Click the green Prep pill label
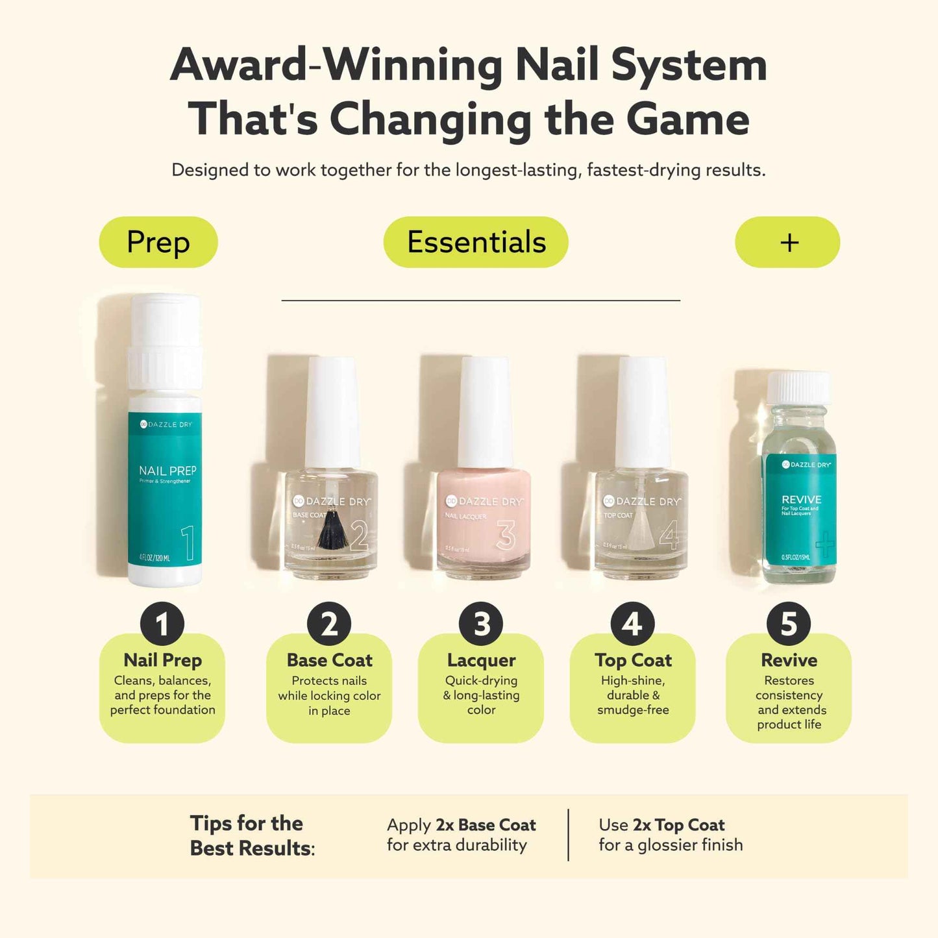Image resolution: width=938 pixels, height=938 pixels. [158, 242]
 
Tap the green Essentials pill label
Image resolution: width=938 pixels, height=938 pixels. [476, 242]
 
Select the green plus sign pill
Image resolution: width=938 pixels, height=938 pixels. [787, 242]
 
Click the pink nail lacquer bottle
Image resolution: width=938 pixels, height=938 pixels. [484, 519]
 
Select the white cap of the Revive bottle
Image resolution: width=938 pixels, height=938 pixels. [798, 388]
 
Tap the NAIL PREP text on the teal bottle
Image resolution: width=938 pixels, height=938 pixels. [167, 471]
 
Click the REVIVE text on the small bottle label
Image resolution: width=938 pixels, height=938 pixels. [802, 499]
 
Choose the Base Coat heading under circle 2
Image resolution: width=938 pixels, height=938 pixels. [329, 660]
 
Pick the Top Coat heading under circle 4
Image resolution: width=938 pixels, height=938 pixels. [633, 660]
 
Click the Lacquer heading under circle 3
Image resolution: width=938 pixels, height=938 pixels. [481, 660]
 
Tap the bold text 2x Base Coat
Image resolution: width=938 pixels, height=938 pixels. [486, 825]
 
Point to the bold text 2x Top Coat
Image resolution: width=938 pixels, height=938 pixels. [678, 825]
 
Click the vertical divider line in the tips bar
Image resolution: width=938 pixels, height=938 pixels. [569, 835]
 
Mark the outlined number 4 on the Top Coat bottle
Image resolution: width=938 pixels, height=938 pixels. [669, 536]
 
